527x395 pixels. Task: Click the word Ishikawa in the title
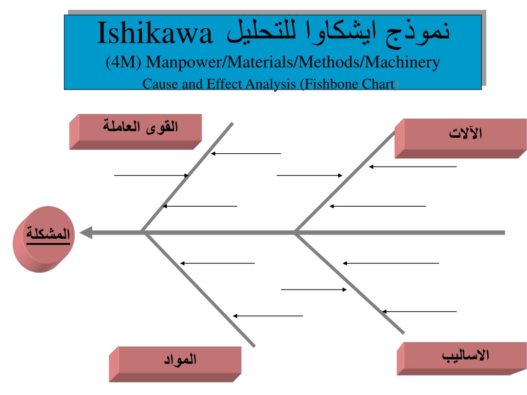[155, 33]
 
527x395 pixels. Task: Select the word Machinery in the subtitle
[402, 62]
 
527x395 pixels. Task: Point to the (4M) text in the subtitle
[124, 62]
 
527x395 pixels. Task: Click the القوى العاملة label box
[135, 132]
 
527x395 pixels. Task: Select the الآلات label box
[461, 138]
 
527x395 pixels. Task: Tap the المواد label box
[175, 364]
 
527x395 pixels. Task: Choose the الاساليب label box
[462, 358]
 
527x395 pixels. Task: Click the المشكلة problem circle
[43, 239]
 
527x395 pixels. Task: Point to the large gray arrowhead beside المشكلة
[86, 232]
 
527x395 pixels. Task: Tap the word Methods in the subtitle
[329, 62]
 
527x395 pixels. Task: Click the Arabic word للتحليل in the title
[261, 31]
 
